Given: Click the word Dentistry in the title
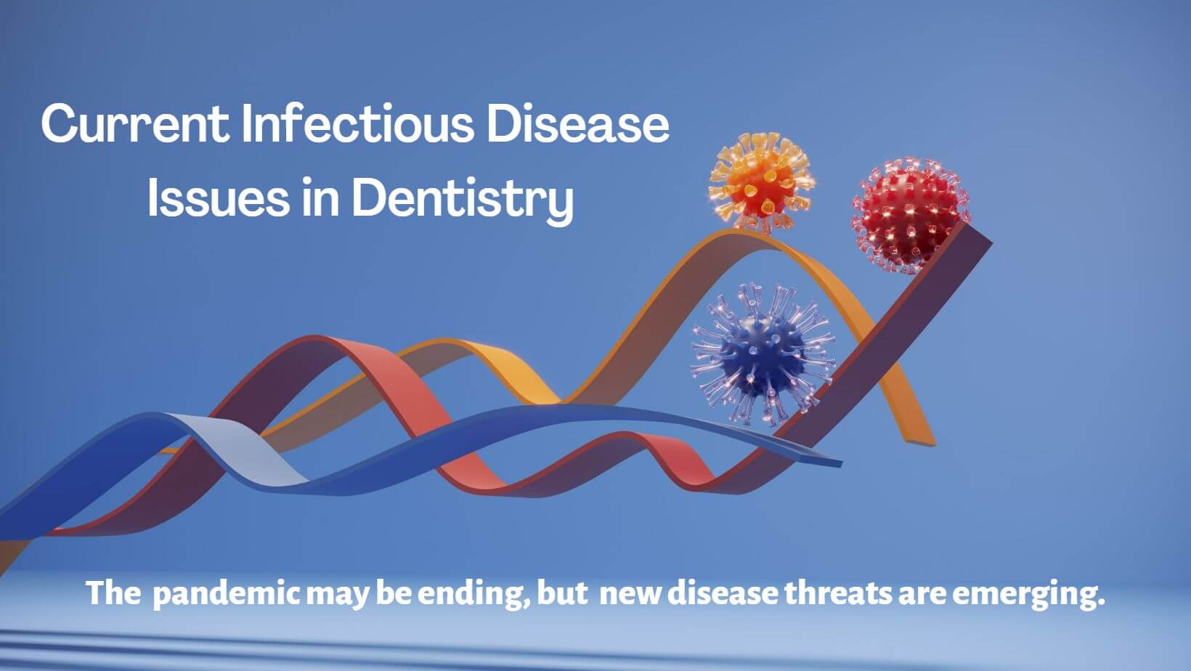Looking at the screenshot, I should click(x=463, y=198).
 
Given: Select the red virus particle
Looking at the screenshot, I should click(x=909, y=214).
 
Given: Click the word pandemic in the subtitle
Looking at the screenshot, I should click(x=227, y=594).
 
